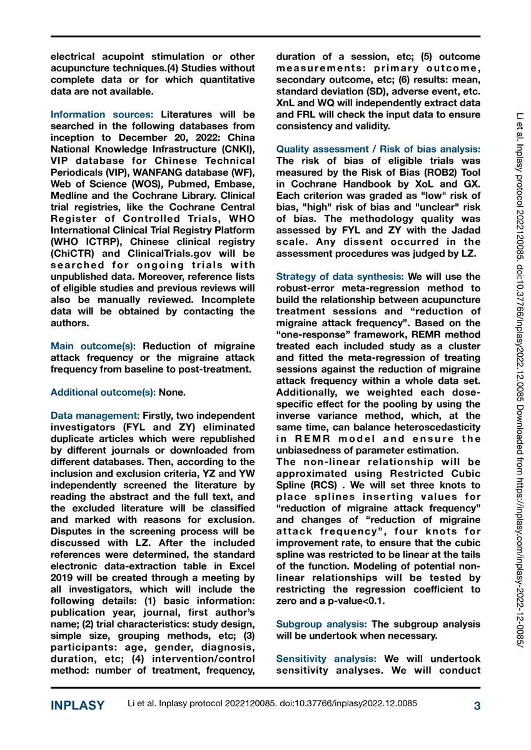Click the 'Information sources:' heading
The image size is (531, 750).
click(x=102, y=114)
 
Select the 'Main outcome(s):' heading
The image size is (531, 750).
click(x=94, y=346)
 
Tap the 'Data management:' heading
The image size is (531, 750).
click(x=95, y=416)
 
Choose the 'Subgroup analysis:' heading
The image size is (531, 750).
click(x=321, y=624)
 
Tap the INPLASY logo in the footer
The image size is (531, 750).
click(x=78, y=706)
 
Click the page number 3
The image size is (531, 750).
click(x=477, y=706)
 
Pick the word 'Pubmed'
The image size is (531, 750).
click(x=177, y=184)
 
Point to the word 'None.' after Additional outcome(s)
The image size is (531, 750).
click(x=172, y=392)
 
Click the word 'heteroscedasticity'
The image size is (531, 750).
click(x=432, y=427)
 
